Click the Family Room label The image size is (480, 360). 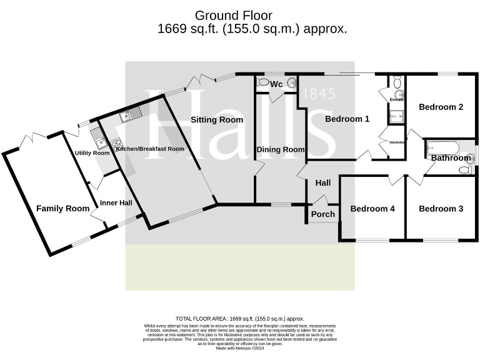pos(62,209)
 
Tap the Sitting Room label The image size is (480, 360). pos(217,120)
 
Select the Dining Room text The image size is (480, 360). pos(281,150)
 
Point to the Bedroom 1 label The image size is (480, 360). pos(347,119)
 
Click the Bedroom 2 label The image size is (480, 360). pos(441,107)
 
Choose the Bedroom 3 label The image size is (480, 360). pos(441,209)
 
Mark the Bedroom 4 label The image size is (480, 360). pos(372,209)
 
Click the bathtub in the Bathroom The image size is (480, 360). pos(442,148)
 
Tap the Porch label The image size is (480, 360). pos(323,214)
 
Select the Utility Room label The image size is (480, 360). pos(92,153)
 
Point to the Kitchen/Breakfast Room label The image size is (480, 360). pos(150,149)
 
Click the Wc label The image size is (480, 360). pos(276,84)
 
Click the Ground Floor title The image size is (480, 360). pos(234,15)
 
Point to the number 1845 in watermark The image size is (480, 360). pos(319,94)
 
